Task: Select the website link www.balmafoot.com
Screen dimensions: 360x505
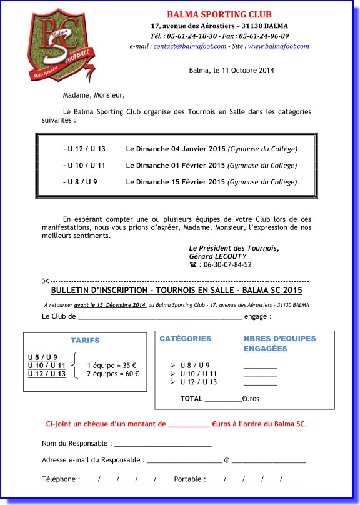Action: pyautogui.click(x=278, y=46)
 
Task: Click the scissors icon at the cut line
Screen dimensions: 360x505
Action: pyautogui.click(x=46, y=281)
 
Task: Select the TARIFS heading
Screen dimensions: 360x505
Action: pyautogui.click(x=85, y=341)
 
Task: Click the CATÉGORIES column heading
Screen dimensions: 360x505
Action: pyautogui.click(x=185, y=339)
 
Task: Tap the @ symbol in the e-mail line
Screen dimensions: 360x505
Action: pyautogui.click(x=226, y=461)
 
